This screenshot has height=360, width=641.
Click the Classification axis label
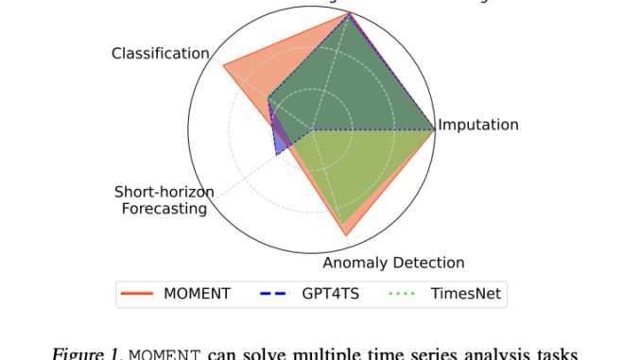tap(160, 53)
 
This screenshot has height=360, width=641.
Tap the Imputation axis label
tap(478, 125)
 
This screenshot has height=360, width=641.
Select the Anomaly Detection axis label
tap(393, 263)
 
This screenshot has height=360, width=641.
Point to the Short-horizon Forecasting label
tap(165, 200)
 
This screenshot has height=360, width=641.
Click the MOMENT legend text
tap(197, 294)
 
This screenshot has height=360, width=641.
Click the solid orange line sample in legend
tap(138, 294)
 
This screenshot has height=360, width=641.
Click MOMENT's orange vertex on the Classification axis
tap(223, 64)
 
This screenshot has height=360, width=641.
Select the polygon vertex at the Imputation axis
tap(435, 129)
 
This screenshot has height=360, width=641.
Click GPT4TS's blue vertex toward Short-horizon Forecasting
tap(276, 154)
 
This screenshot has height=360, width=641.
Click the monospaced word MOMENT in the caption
tap(164, 352)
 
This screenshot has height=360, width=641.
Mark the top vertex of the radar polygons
tap(350, 13)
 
